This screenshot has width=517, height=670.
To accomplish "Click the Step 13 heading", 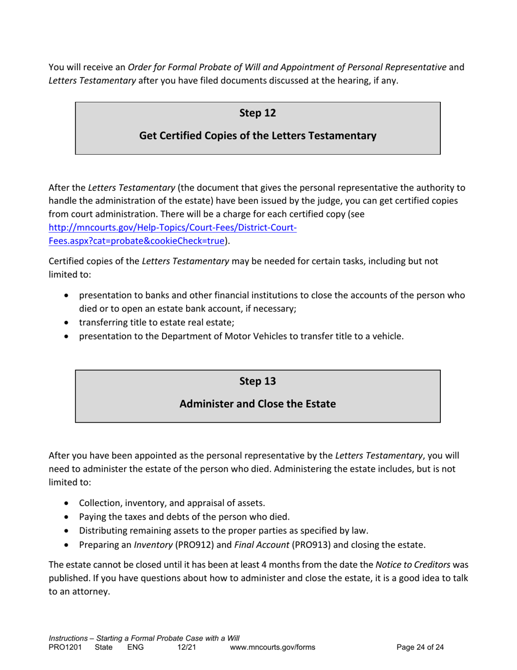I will tap(257, 381).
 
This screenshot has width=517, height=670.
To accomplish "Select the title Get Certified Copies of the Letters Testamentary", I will tap(257, 136).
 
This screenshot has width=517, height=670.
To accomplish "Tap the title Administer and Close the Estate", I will tap(257, 404).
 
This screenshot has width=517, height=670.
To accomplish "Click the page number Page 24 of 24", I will tap(421, 647).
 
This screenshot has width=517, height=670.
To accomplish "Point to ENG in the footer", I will tap(136, 647).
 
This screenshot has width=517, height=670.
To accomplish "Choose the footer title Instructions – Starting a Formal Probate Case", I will tap(144, 638).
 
